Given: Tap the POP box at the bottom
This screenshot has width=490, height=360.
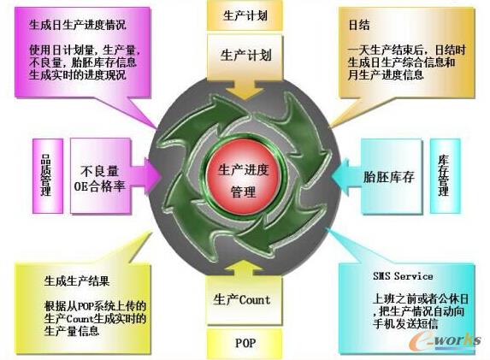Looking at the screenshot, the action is pyautogui.click(x=245, y=344).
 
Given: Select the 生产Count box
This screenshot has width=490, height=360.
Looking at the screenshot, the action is pyautogui.click(x=245, y=301).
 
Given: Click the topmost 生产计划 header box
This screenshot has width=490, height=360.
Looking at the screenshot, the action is pyautogui.click(x=245, y=15).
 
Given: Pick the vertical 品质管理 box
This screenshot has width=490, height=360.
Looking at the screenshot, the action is pyautogui.click(x=48, y=176).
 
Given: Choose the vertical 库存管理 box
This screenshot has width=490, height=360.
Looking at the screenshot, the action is pyautogui.click(x=445, y=176).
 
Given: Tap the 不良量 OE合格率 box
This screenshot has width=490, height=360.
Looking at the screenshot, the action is pyautogui.click(x=100, y=177).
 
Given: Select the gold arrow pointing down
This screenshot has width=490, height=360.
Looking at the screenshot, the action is pyautogui.click(x=245, y=89).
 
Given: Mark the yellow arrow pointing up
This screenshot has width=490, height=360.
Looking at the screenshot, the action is pyautogui.click(x=245, y=269).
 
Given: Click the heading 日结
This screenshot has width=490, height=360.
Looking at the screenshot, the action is pyautogui.click(x=359, y=26).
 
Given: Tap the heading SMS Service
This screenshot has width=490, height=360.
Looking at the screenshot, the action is pyautogui.click(x=403, y=276).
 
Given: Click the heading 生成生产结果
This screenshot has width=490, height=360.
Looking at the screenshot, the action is pyautogui.click(x=77, y=281).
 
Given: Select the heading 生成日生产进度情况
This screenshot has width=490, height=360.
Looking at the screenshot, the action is pyautogui.click(x=78, y=25).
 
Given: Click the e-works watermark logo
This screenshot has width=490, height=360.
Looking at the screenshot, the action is pyautogui.click(x=445, y=339).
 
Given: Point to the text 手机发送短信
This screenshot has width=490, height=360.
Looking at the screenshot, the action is pyautogui.click(x=405, y=324).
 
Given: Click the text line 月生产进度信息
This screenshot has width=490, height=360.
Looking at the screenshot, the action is pyautogui.click(x=386, y=75).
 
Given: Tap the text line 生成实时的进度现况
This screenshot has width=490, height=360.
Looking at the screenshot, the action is pyautogui.click(x=78, y=75).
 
